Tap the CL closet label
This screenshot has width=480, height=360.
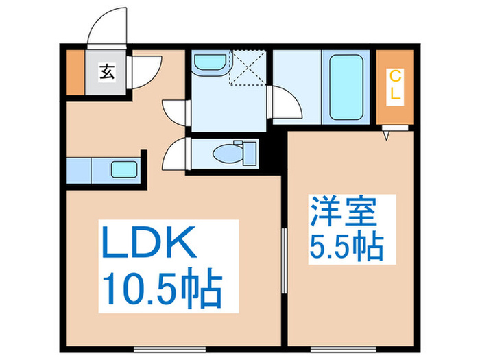point(396,86)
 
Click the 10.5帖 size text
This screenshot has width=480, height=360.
point(163,289)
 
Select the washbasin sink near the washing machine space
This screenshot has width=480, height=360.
point(210,63)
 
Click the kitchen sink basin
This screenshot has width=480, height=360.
point(123,169)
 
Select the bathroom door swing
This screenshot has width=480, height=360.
point(284,104)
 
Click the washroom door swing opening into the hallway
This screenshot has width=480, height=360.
point(175,110)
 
